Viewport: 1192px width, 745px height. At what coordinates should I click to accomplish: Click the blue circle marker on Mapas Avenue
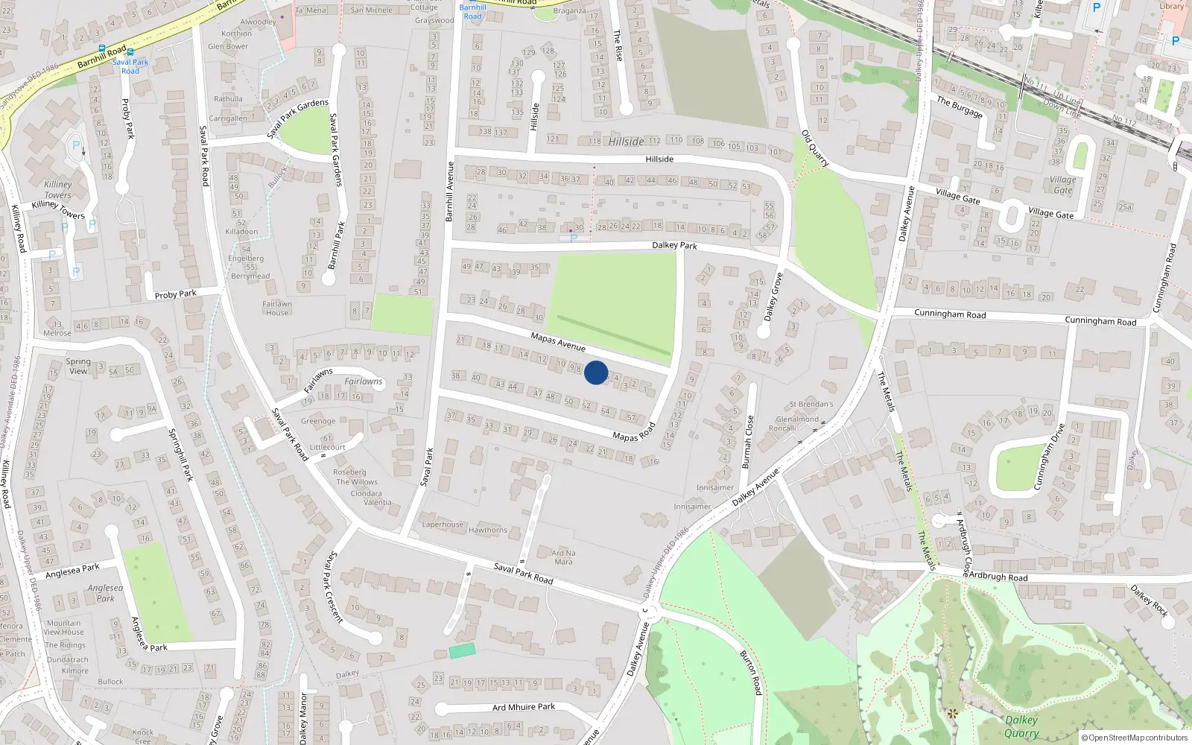596,372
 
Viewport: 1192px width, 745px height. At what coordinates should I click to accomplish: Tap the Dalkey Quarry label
1021,726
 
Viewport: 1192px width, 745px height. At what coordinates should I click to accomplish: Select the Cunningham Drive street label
1048,457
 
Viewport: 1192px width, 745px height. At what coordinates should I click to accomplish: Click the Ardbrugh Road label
998,577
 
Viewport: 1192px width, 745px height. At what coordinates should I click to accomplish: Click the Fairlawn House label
277,308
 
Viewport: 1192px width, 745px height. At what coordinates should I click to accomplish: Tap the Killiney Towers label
58,190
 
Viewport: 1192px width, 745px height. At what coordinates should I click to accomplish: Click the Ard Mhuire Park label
524,707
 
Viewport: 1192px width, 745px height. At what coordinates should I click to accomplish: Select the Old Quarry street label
815,148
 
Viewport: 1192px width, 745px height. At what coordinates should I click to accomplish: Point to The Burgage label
960,107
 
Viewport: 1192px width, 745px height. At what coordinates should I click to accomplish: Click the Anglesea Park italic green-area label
105,593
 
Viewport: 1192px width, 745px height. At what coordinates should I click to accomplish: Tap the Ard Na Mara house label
563,557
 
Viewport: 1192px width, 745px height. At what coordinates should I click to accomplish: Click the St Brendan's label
811,405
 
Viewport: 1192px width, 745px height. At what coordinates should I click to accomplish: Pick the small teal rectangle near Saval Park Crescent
462,651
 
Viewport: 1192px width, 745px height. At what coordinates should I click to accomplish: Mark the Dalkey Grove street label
773,297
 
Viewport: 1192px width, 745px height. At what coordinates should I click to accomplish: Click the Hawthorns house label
488,530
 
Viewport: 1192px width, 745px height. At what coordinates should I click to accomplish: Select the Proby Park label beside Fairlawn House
176,294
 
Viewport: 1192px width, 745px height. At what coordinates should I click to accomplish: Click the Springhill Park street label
181,454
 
